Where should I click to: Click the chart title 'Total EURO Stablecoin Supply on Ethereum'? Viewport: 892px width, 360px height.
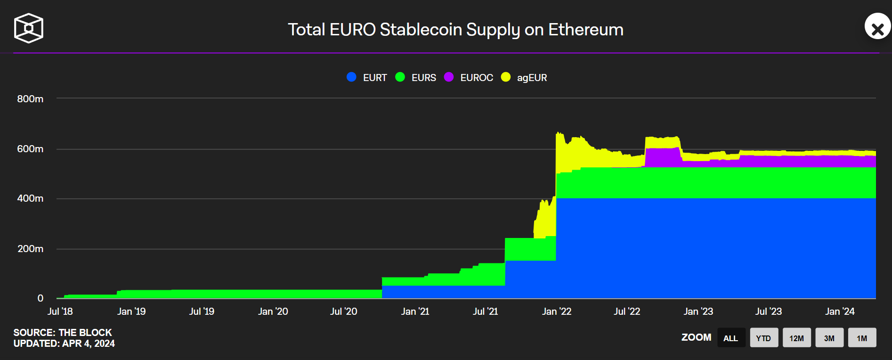pyautogui.click(x=455, y=30)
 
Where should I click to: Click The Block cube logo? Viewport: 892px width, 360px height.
pyautogui.click(x=29, y=28)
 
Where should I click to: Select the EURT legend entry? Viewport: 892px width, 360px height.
pyautogui.click(x=367, y=78)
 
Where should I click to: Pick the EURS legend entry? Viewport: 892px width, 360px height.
pyautogui.click(x=416, y=78)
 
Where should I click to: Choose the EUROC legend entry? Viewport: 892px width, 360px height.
pyautogui.click(x=469, y=78)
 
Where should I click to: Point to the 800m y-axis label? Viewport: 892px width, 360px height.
pyautogui.click(x=30, y=99)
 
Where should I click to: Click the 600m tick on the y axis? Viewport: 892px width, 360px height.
pyautogui.click(x=30, y=149)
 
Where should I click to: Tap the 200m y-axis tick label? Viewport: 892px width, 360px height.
pyautogui.click(x=30, y=249)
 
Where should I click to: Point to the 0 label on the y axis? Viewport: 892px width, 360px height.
pyautogui.click(x=41, y=298)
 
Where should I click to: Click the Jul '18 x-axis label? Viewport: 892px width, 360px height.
pyautogui.click(x=60, y=311)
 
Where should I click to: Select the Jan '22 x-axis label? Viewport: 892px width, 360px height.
pyautogui.click(x=557, y=311)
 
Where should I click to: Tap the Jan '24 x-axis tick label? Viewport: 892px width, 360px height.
pyautogui.click(x=840, y=311)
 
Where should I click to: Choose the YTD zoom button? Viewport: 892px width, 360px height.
pyautogui.click(x=763, y=338)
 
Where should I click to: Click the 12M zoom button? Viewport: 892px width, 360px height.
pyautogui.click(x=796, y=338)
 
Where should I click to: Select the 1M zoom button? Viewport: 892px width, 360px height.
pyautogui.click(x=862, y=338)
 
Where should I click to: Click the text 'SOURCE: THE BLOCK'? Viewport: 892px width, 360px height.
pyautogui.click(x=63, y=333)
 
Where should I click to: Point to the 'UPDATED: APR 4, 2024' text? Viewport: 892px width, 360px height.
pyautogui.click(x=64, y=344)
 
